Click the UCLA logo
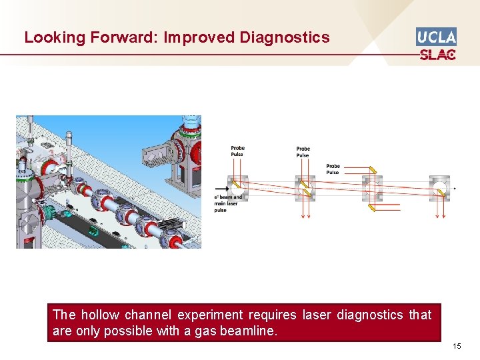pos(436,36)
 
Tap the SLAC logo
pos(437,54)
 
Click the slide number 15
pos(456,346)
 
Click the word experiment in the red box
pos(215,315)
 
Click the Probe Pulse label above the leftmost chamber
pos(237,151)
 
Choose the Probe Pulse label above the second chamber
pos(303,152)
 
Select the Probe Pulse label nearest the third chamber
pos(333,169)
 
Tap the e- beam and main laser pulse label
pos(228,203)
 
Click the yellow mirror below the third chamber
pos(373,207)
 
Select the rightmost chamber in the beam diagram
pos(439,189)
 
